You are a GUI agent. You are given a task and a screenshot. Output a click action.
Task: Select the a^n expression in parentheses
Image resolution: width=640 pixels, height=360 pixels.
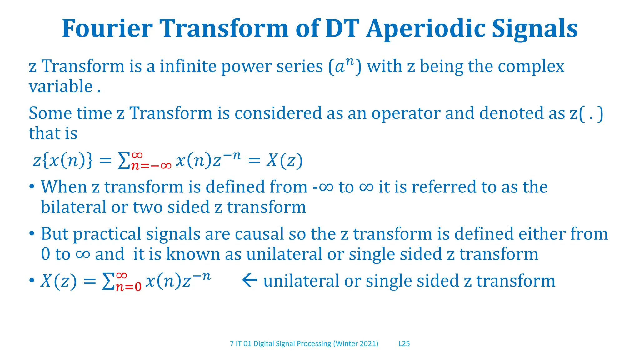pyautogui.click(x=345, y=66)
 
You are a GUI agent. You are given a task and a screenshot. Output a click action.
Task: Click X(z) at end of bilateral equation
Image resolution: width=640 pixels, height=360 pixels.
pyautogui.click(x=284, y=161)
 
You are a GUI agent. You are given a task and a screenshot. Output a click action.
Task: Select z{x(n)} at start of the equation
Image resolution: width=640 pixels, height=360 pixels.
pyautogui.click(x=63, y=161)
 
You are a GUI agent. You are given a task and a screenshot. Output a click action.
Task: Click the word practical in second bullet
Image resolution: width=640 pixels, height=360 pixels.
pyautogui.click(x=107, y=234)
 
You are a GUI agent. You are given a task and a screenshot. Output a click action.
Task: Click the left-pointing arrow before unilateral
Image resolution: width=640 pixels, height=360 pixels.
pyautogui.click(x=249, y=280)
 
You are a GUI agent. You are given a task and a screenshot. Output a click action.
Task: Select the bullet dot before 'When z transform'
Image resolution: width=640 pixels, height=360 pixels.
pyautogui.click(x=32, y=187)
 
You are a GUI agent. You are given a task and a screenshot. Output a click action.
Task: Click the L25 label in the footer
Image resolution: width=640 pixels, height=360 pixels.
pyautogui.click(x=404, y=344)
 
